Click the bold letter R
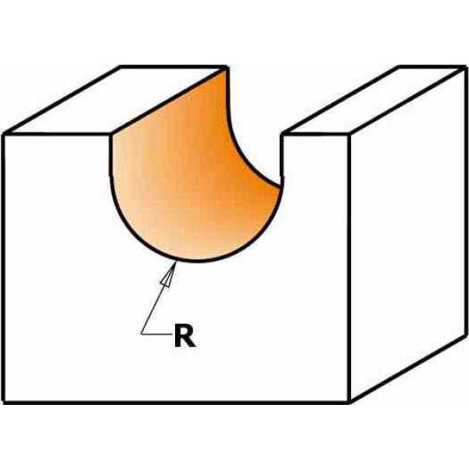[x=184, y=336]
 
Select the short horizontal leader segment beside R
[x=157, y=334]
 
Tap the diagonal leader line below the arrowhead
[x=152, y=310]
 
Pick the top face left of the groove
[x=116, y=100]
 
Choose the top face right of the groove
[x=374, y=100]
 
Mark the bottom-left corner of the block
[x=4, y=402]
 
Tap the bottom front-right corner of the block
[x=349, y=402]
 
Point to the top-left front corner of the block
[x=4, y=134]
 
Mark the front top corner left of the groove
[x=111, y=134]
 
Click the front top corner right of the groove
[x=281, y=134]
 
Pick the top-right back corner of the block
[x=465, y=67]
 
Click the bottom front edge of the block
[x=177, y=403]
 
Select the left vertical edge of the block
[x=4, y=268]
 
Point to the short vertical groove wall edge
[x=281, y=160]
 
